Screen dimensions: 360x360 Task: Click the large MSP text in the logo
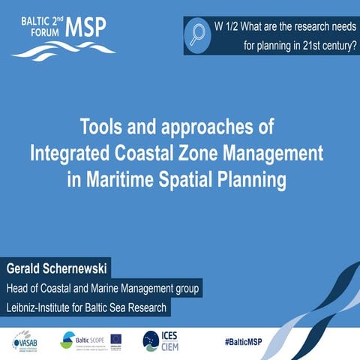86,27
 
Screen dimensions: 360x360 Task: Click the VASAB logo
26,341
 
